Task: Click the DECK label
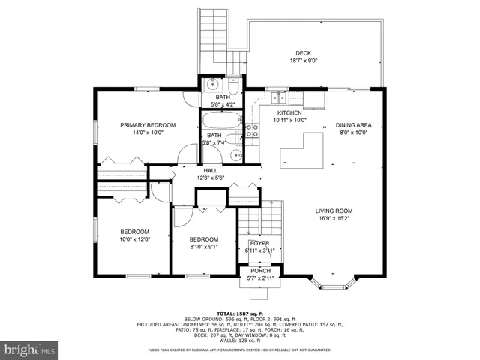pos(303,53)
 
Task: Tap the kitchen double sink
pos(279,96)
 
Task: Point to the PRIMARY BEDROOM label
pos(148,124)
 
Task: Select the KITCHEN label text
pos(289,112)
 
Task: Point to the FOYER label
pos(259,243)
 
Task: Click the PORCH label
pos(260,271)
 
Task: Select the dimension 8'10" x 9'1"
pos(203,246)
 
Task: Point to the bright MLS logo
pos(31,349)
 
